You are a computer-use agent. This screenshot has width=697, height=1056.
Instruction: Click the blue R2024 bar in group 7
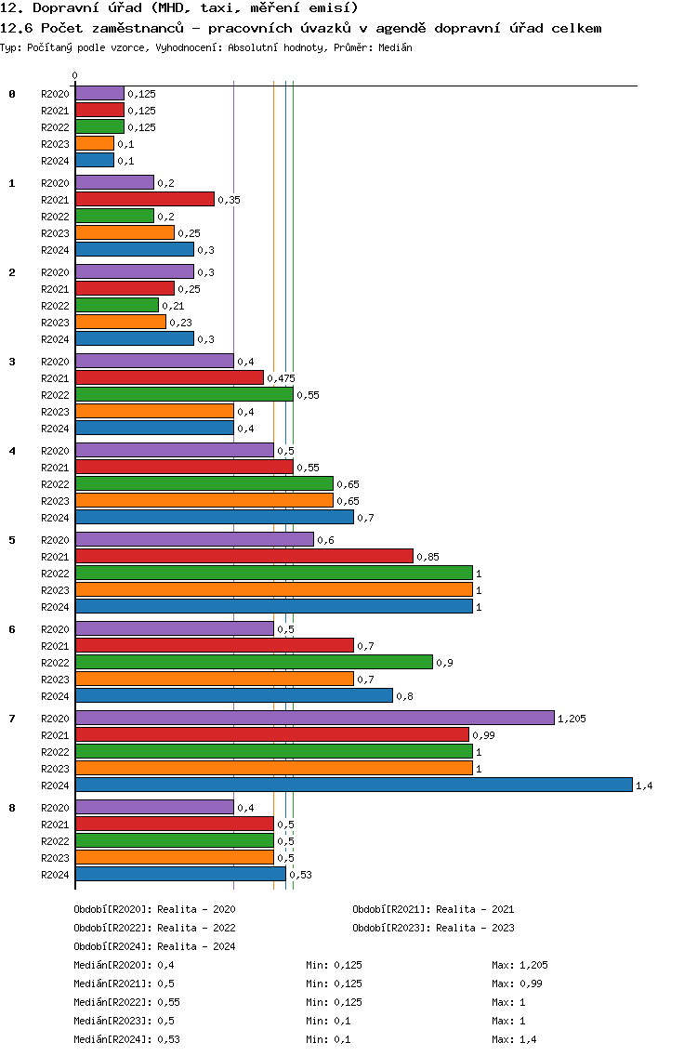354,785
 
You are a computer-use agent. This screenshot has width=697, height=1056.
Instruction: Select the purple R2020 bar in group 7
315,718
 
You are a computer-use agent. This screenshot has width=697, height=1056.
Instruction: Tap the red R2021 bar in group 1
145,199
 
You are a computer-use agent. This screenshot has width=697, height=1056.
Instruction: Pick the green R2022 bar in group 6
254,662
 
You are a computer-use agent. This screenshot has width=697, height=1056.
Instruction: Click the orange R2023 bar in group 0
95,143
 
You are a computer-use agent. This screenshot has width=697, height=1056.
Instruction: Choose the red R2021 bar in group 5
244,556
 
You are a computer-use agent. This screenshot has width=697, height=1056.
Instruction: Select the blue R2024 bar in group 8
180,874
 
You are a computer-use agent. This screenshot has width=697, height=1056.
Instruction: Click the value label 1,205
572,719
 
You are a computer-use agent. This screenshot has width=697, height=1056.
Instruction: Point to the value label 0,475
281,378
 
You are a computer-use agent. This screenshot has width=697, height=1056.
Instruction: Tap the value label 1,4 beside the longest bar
644,785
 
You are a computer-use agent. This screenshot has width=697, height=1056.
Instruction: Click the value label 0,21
173,306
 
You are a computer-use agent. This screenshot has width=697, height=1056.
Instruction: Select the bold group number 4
12,451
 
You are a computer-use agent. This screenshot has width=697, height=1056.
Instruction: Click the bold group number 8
12,808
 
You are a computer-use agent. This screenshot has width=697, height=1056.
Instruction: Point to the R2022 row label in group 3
55,395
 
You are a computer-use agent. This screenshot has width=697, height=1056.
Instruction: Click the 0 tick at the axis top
74,75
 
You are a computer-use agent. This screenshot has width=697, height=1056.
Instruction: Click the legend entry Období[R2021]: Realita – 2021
433,909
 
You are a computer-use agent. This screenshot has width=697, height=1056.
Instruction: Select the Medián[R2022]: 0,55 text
126,1002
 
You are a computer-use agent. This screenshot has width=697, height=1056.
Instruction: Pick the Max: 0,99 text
518,983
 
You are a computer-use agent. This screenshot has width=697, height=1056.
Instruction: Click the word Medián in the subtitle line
395,47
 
